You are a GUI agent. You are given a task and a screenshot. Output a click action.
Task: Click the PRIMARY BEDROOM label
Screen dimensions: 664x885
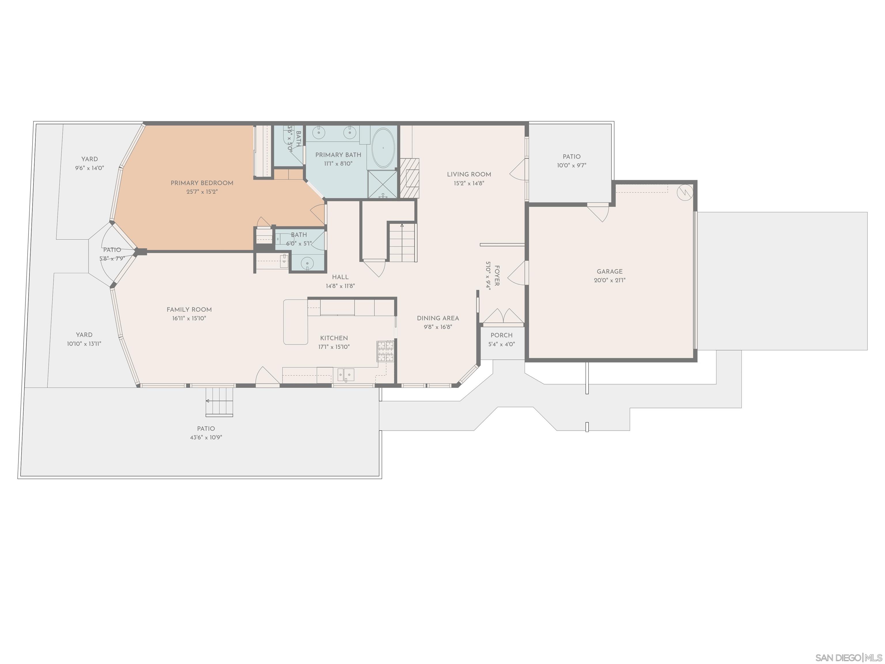point(202,183)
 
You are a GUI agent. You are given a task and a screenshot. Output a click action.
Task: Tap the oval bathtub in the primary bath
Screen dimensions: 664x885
point(383,148)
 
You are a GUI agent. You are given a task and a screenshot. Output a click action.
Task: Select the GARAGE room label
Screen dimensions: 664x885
point(609,271)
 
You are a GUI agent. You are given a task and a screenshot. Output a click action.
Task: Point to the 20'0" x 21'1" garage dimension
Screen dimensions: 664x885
point(609,280)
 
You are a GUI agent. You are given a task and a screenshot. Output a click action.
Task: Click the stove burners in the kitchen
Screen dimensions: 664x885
point(385,351)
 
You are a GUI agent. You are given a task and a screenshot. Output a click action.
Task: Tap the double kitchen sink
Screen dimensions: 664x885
point(346,375)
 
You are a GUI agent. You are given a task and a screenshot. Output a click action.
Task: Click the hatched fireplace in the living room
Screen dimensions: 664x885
point(409,178)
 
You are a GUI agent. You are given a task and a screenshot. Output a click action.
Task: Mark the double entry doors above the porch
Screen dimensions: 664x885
point(503,316)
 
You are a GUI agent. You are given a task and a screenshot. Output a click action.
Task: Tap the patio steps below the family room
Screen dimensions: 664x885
point(219,401)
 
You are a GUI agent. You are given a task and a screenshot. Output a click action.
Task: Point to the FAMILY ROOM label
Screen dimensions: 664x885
point(189,310)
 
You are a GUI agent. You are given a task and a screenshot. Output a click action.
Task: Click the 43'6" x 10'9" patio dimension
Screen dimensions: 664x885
point(206,437)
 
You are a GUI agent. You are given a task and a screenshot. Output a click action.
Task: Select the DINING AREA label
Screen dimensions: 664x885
point(438,318)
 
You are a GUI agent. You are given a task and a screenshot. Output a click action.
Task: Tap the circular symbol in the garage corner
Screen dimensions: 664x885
point(684,193)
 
